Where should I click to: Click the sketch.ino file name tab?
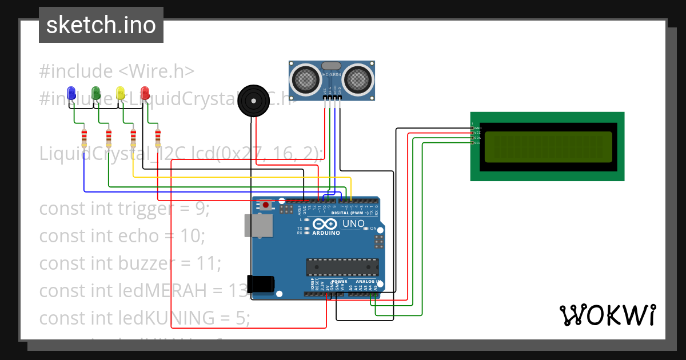[x=101, y=25]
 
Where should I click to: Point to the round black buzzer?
[x=252, y=101]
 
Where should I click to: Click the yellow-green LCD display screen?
[x=548, y=147]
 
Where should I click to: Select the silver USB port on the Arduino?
[x=258, y=226]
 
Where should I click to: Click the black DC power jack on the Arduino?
[x=261, y=284]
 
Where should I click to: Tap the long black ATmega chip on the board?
[x=342, y=267]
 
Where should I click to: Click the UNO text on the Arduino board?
[x=353, y=223]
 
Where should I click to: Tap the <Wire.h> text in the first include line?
[x=157, y=71]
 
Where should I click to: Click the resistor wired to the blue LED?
[x=84, y=137]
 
